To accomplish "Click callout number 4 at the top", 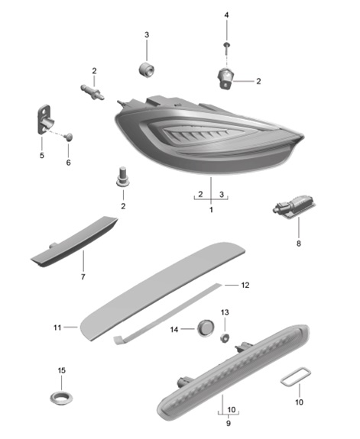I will click(226, 15).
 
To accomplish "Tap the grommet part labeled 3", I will click(146, 69).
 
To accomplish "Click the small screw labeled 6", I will click(70, 137).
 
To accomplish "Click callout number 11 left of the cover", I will click(57, 328).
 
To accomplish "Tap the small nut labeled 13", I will click(226, 337).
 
